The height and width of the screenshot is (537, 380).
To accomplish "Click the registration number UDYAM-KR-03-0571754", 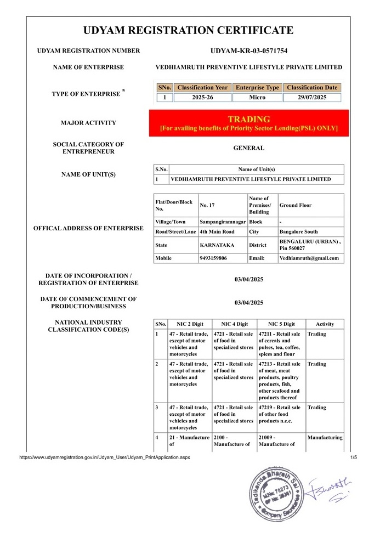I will click(248, 51).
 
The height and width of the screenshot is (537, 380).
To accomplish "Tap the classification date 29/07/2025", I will click(312, 98).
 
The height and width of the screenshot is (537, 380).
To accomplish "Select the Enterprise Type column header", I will click(257, 88).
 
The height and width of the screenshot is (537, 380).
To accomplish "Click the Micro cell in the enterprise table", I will click(257, 98).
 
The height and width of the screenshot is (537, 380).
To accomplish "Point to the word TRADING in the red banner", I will click(249, 119).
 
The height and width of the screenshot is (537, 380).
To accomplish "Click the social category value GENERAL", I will click(248, 148).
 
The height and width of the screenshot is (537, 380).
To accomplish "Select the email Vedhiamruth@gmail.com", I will click(309, 258).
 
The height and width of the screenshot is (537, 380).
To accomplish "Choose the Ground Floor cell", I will click(296, 205).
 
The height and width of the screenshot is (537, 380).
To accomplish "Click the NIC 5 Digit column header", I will click(281, 324).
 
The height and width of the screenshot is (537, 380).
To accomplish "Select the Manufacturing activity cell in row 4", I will click(325, 438).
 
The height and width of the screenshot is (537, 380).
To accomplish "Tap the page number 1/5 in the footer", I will click(353, 457).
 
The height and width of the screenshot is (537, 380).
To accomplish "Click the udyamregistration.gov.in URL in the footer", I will click(105, 457).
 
